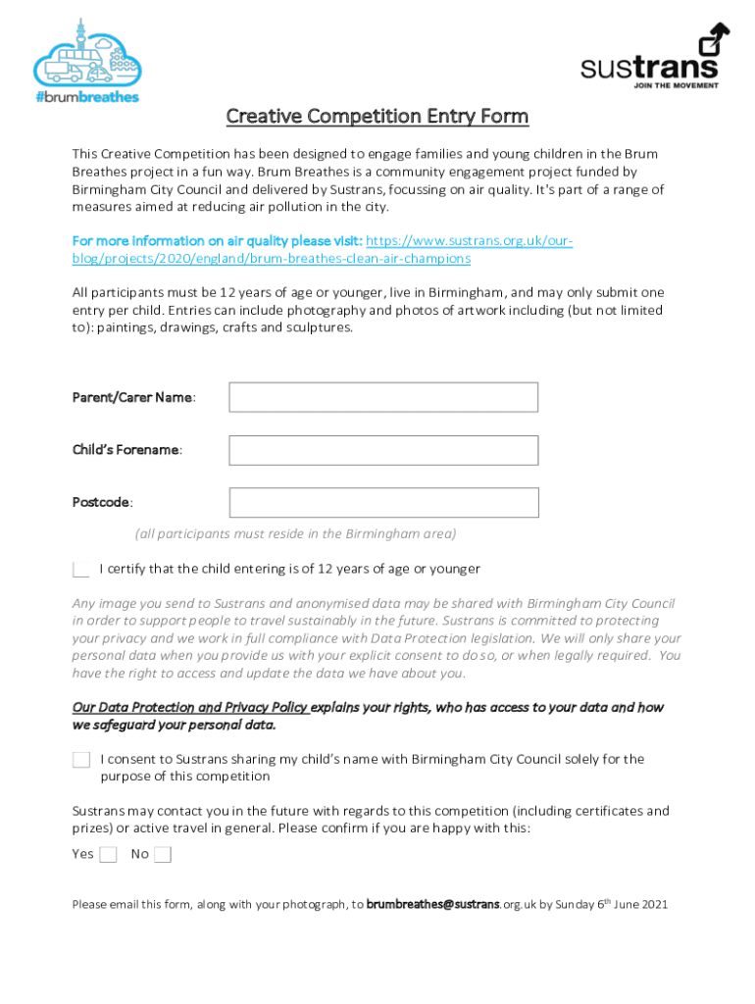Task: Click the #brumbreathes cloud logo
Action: pos(87,61)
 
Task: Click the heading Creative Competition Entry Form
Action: pos(377,117)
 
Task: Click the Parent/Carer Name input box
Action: pos(383,397)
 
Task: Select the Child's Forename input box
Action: pos(383,450)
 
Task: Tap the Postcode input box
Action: pos(383,503)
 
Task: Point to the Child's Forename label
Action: pos(126,450)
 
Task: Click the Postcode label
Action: pos(102,503)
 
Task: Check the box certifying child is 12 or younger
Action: pos(81,570)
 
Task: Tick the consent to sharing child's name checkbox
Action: pos(81,760)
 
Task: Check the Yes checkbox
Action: pos(108,855)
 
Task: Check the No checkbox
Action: pos(163,855)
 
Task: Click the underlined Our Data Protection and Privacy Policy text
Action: pos(191,708)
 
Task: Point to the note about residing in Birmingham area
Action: pos(295,534)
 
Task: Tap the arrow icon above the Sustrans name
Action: pos(713,40)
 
